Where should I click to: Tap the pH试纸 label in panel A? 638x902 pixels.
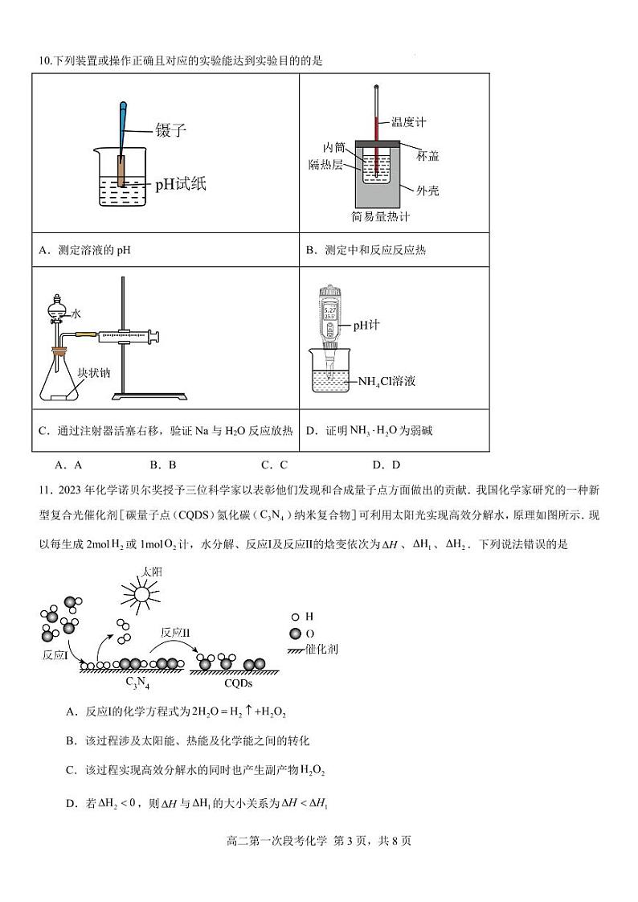click(181, 184)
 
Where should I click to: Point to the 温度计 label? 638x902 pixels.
click(408, 122)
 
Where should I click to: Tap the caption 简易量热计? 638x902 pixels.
click(381, 217)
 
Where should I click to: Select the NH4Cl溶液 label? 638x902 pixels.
click(398, 380)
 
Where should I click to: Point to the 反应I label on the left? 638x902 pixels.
click(55, 655)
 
